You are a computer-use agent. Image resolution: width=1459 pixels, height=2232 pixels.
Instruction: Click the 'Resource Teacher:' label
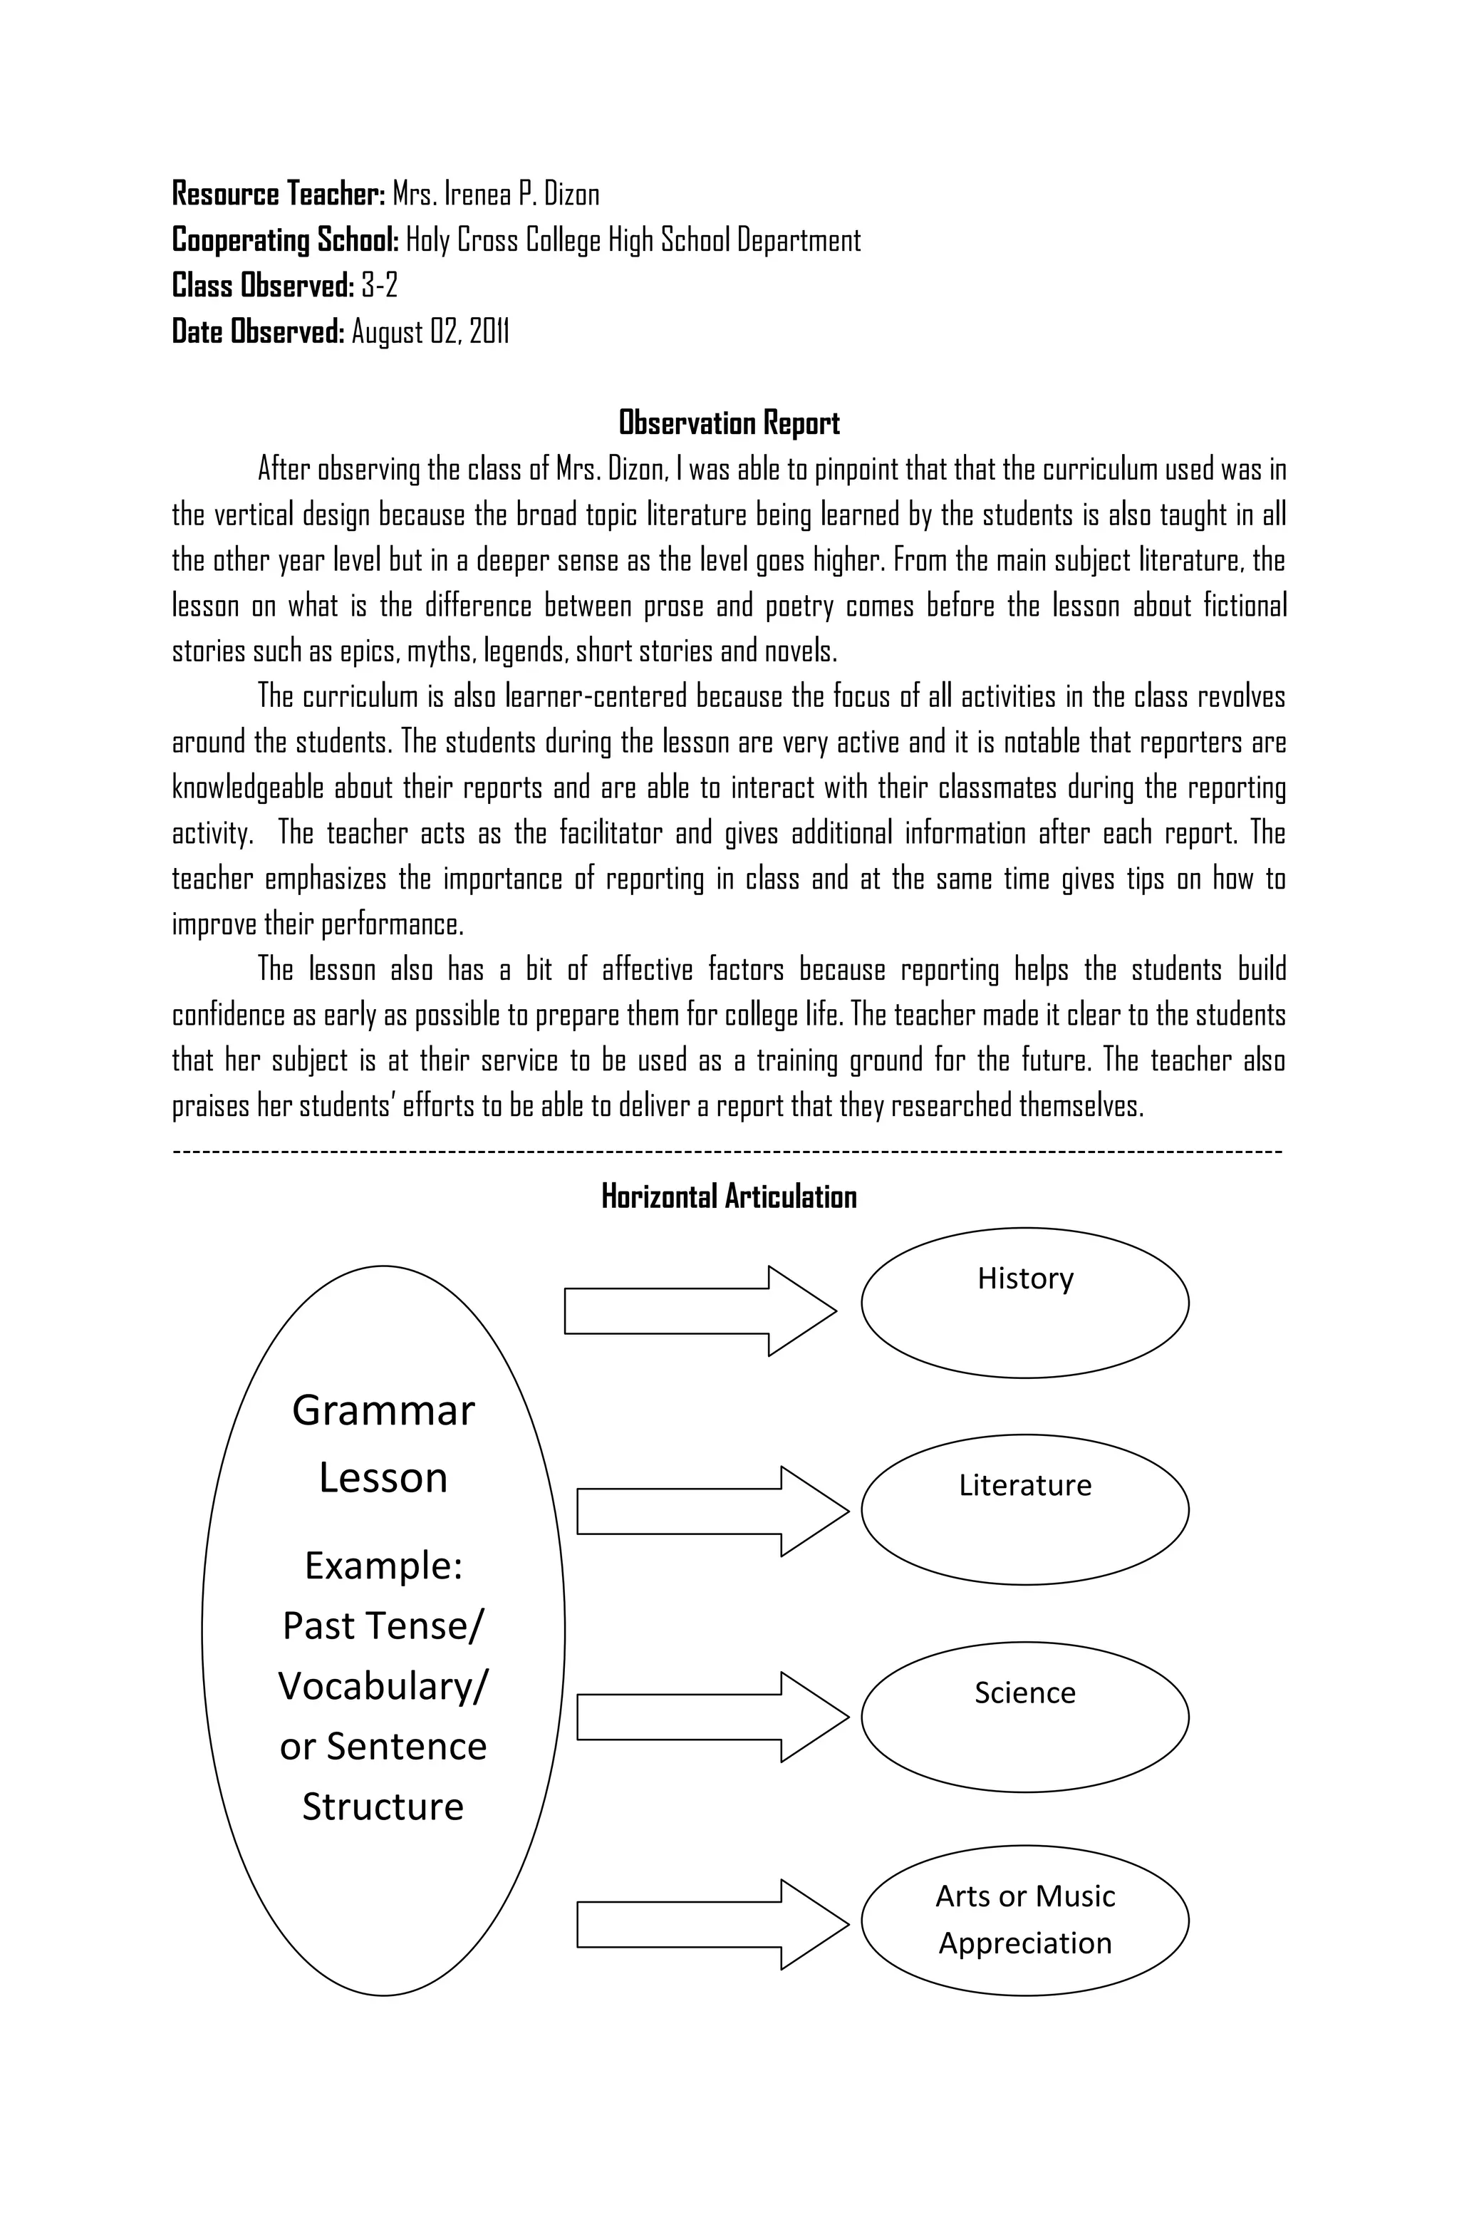279,194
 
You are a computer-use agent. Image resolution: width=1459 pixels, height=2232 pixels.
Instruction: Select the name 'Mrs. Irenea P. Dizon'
495,194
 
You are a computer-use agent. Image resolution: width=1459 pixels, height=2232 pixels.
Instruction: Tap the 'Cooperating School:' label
286,240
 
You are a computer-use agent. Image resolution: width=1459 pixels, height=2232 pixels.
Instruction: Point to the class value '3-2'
379,285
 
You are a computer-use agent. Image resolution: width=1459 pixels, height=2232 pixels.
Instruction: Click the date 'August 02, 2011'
430,331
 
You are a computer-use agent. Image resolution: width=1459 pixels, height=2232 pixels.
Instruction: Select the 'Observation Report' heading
729,423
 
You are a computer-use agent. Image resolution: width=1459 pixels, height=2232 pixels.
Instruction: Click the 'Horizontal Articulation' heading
729,1197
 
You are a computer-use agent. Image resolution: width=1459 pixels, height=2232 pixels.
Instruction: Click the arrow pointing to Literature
712,1512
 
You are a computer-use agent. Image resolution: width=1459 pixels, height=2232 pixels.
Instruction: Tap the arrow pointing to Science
712,1717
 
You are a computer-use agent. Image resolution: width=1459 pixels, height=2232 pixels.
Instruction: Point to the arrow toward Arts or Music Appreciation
712,1923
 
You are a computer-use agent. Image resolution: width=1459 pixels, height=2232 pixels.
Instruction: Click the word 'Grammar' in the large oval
383,1410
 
